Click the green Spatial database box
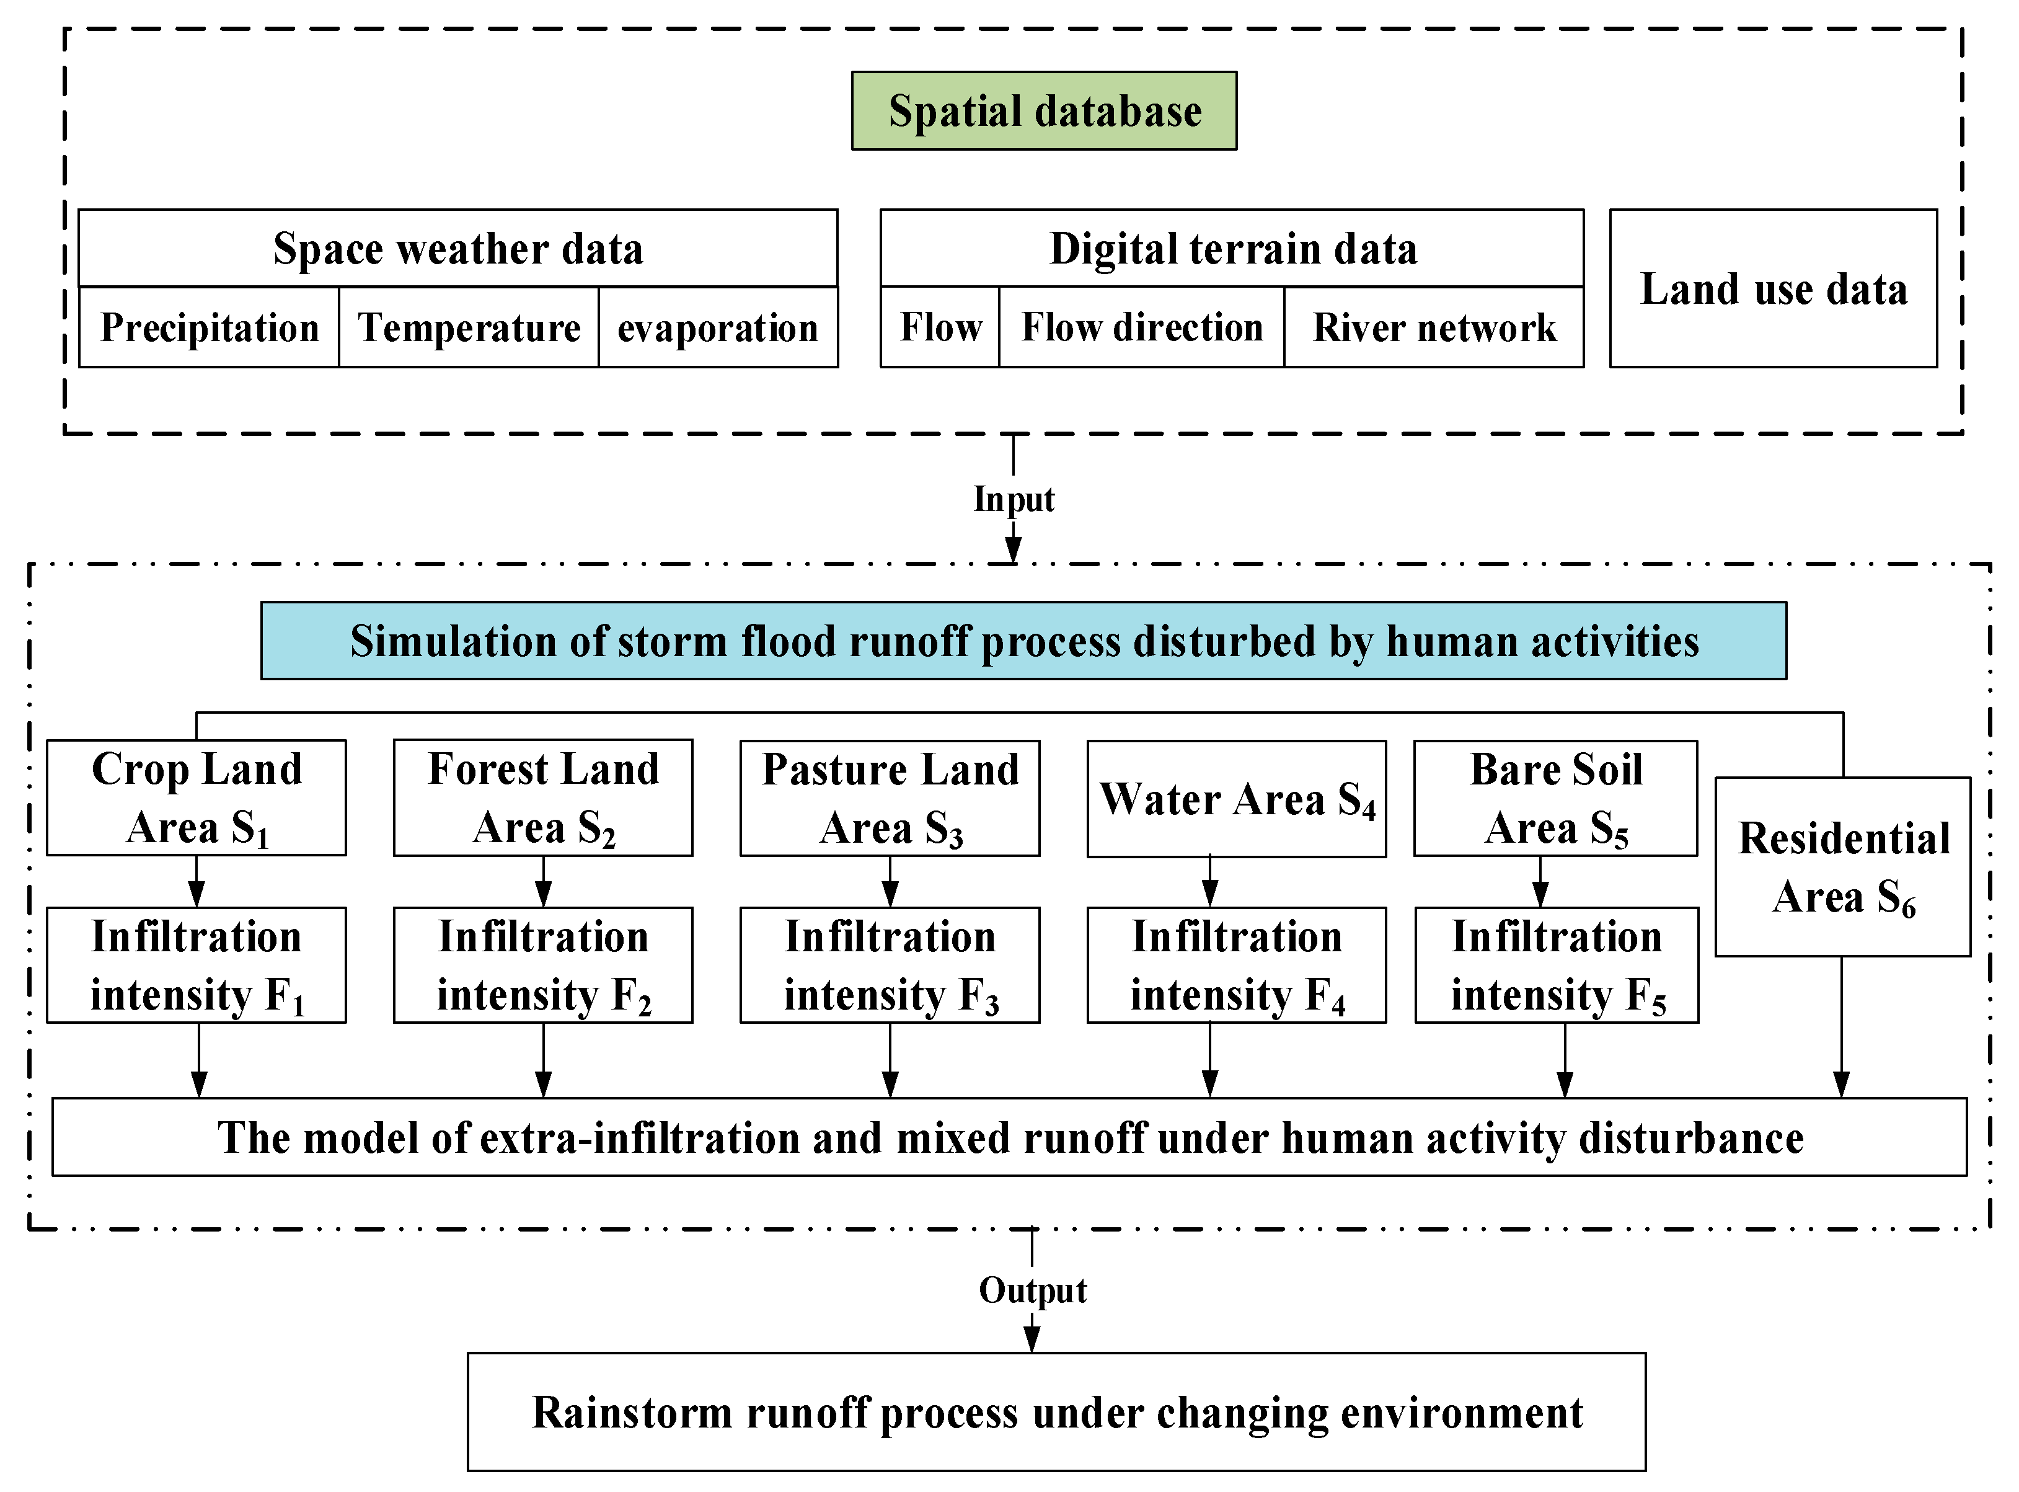[1044, 111]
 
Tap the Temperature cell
[469, 327]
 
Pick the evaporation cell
[718, 327]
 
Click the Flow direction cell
[1141, 327]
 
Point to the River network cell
[1434, 327]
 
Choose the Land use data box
[1772, 289]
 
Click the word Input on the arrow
[1013, 499]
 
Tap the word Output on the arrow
[1032, 1290]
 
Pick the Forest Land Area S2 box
[542, 797]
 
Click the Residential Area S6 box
[1842, 867]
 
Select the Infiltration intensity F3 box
[890, 964]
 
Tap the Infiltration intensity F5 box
[1556, 964]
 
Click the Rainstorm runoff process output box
[1056, 1411]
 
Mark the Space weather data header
[458, 249]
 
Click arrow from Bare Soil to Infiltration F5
[1540, 881]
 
